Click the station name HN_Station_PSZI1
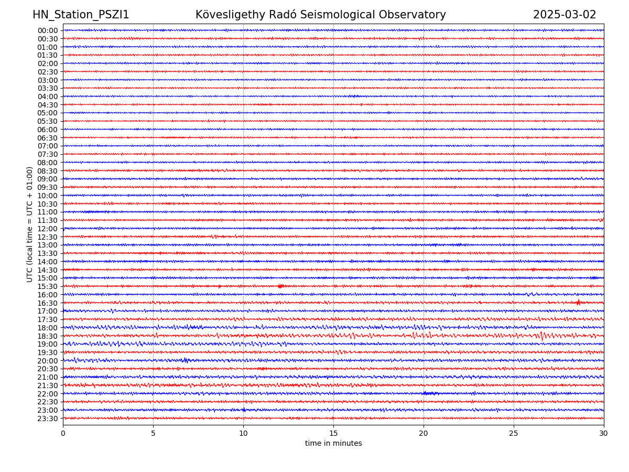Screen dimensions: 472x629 click(81, 15)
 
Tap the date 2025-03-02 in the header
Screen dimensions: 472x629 click(565, 15)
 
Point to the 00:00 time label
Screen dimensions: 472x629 click(48, 30)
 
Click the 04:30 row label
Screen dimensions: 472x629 click(48, 105)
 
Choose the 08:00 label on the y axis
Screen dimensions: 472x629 click(48, 163)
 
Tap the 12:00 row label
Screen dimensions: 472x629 click(48, 229)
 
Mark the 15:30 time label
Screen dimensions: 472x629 click(48, 286)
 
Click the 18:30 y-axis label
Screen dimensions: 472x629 click(48, 336)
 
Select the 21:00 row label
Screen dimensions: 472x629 click(48, 377)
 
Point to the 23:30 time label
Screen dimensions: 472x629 click(48, 419)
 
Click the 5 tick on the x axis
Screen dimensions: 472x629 click(153, 433)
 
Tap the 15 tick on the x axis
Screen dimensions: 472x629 click(333, 433)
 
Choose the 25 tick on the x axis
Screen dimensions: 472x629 click(514, 433)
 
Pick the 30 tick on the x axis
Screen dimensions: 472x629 click(604, 433)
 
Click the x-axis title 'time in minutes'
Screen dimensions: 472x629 click(333, 444)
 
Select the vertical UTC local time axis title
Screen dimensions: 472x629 click(30, 224)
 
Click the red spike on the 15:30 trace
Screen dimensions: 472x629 click(280, 286)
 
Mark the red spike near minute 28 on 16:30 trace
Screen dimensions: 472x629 click(578, 302)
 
